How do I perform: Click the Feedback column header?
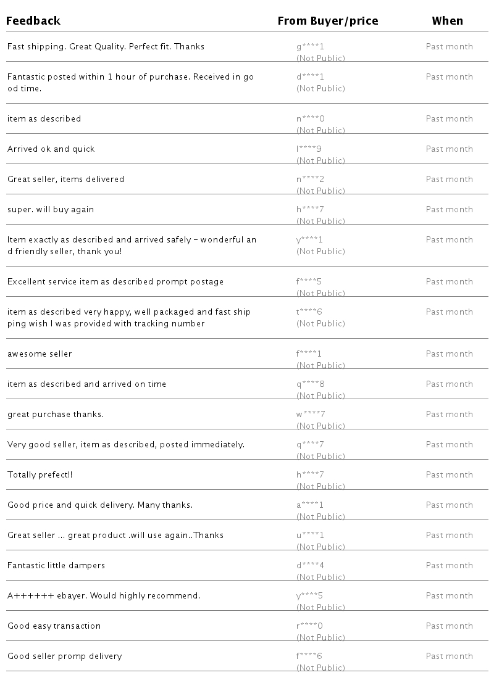33,21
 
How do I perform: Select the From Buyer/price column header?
327,21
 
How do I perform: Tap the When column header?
447,21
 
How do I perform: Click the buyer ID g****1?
310,47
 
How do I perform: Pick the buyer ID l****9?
309,149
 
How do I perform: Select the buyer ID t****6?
309,312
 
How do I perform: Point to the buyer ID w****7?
310,415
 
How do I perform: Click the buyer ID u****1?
310,536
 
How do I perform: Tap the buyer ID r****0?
309,626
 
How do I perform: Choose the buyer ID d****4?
310,566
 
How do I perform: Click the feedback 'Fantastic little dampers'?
56,566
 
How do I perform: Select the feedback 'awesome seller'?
40,354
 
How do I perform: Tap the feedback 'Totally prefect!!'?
40,475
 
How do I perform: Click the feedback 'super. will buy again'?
51,210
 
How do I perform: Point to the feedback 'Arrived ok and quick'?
51,149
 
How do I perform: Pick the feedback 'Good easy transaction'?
54,626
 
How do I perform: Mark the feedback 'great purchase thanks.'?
56,415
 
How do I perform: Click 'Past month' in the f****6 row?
449,656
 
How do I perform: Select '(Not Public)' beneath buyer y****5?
320,608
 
